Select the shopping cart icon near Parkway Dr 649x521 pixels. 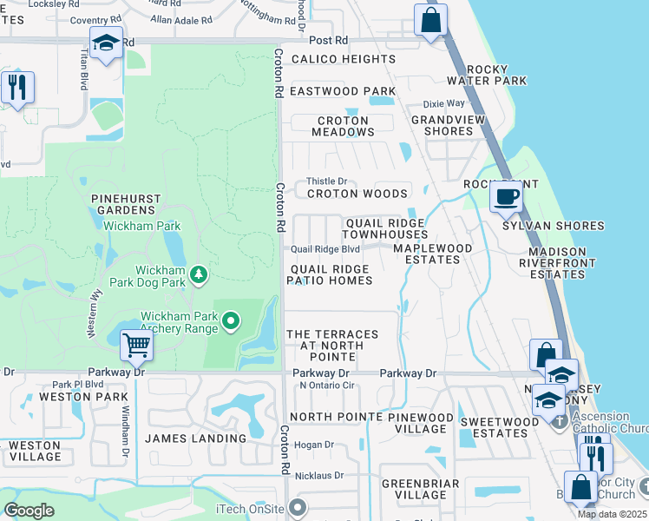(136, 346)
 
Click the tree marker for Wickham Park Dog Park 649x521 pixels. (200, 275)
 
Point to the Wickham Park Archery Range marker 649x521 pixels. (231, 322)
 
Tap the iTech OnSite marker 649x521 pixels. (298, 507)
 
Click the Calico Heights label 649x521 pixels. (343, 59)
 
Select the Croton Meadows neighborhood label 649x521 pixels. (343, 126)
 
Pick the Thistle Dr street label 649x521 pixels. (326, 181)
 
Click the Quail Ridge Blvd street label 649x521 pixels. (325, 249)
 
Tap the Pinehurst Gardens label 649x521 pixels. (127, 204)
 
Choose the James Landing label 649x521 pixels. (195, 439)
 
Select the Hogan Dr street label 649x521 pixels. (314, 445)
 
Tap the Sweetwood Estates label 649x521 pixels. (500, 425)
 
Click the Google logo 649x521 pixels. (29, 511)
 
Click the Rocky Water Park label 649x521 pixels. (496, 75)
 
